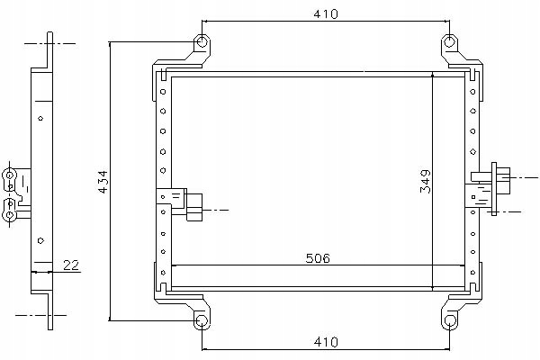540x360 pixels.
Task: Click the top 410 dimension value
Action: point(326,13)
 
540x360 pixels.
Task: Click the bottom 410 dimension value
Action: point(326,342)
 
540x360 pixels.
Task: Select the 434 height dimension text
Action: point(103,182)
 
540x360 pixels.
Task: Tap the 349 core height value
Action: point(426,181)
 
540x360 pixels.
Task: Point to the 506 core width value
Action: point(318,258)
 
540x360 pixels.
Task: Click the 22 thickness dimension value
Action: point(71,265)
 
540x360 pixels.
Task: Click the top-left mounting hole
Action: point(202,42)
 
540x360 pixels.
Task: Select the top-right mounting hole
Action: point(449,42)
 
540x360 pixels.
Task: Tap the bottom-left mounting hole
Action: point(202,320)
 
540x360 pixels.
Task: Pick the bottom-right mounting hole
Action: point(449,320)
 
